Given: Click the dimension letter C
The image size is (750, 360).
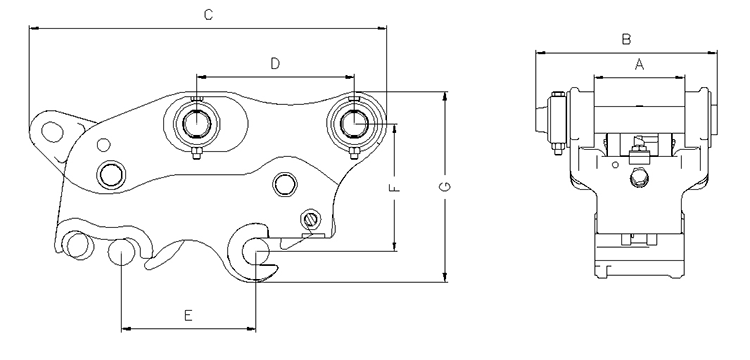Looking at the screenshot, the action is [x=208, y=15].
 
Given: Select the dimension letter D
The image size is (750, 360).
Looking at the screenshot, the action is [x=275, y=64].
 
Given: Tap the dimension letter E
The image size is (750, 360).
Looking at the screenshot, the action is [x=188, y=316].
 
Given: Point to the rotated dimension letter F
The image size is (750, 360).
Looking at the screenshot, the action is [x=394, y=187].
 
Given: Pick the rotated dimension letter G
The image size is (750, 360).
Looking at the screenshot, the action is [x=445, y=187].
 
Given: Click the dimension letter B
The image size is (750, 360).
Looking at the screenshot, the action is [x=626, y=39].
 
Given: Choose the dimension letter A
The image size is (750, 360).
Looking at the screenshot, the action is [x=640, y=64].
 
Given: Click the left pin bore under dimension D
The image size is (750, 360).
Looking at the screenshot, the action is [x=197, y=123].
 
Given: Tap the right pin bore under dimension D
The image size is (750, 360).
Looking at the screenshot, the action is [x=354, y=123].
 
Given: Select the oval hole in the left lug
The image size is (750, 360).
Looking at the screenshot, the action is [x=53, y=131].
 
